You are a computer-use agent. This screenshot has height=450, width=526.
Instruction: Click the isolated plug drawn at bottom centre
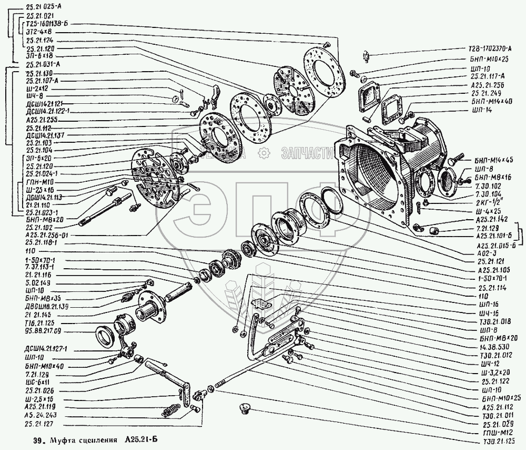point(245,408)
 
